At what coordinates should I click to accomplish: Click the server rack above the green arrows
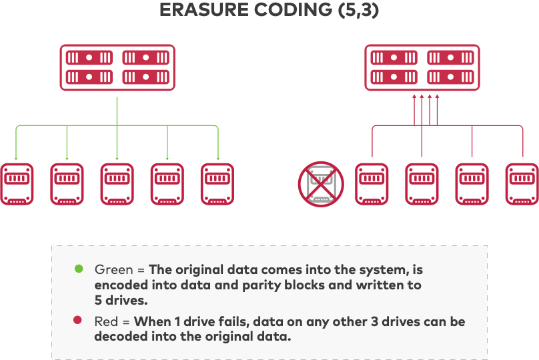(x=117, y=67)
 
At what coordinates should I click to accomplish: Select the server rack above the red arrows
(x=422, y=67)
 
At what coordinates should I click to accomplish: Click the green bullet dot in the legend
(x=79, y=269)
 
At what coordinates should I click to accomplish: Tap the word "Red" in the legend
(x=107, y=322)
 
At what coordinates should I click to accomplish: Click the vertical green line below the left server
(x=117, y=110)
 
